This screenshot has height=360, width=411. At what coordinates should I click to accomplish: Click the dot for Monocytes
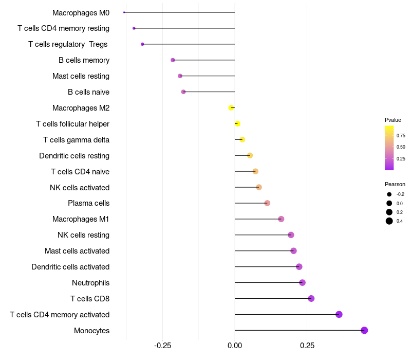pyautogui.click(x=364, y=330)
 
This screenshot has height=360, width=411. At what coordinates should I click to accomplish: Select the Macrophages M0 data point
pyautogui.click(x=124, y=12)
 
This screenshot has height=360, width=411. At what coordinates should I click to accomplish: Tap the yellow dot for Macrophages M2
pyautogui.click(x=231, y=107)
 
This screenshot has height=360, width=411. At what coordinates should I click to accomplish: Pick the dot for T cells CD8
pyautogui.click(x=311, y=298)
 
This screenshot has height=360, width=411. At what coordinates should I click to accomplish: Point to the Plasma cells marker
pyautogui.click(x=267, y=203)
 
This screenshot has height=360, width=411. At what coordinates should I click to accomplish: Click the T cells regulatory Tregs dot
pyautogui.click(x=142, y=44)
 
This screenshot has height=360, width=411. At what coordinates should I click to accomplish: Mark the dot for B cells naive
pyautogui.click(x=183, y=92)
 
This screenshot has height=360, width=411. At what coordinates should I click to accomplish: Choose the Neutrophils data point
pyautogui.click(x=302, y=282)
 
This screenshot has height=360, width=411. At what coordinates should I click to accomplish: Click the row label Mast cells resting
pyautogui.click(x=81, y=76)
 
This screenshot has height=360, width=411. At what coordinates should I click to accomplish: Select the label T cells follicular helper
pyautogui.click(x=72, y=124)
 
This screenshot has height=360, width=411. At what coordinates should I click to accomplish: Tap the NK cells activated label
pyautogui.click(x=80, y=187)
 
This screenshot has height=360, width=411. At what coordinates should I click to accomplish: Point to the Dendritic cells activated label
pyautogui.click(x=70, y=267)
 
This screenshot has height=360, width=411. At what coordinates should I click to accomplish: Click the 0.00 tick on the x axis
pyautogui.click(x=235, y=345)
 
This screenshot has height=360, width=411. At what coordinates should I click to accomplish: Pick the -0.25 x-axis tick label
pyautogui.click(x=162, y=345)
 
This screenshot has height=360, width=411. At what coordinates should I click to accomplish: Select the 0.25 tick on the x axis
pyautogui.click(x=307, y=345)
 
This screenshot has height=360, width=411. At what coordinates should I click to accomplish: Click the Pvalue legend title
pyautogui.click(x=393, y=120)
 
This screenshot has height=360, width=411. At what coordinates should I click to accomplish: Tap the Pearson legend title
pyautogui.click(x=395, y=184)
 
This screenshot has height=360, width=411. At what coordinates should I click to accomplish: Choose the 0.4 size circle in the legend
pyautogui.click(x=389, y=221)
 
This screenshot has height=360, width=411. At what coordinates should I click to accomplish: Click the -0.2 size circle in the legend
pyautogui.click(x=389, y=194)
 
